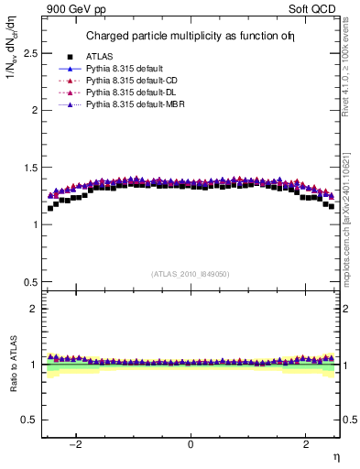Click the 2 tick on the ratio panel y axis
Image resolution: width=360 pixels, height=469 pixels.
33,309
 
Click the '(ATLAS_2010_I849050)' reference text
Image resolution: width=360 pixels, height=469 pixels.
191,273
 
